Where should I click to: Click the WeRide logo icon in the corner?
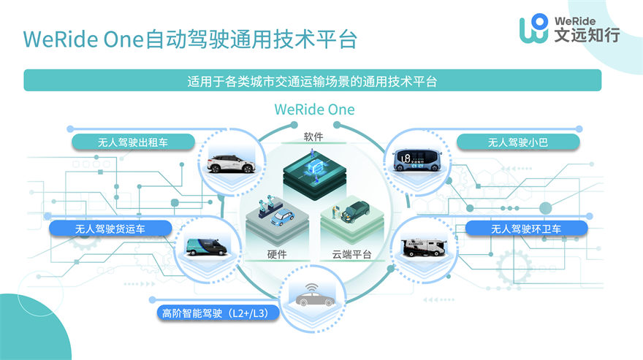pos(533,28)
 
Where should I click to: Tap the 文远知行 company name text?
pos(587,35)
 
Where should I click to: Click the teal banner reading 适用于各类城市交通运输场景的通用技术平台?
pos(313,80)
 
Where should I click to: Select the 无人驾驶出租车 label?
pos(133,142)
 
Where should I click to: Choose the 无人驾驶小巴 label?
pos(518,142)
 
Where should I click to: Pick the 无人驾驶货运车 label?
pos(110,229)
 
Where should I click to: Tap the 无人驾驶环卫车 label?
pos(526,229)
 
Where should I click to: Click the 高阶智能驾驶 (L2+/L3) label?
pos(218,313)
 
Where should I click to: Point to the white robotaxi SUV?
pos(230,164)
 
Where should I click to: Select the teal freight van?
pos(207,247)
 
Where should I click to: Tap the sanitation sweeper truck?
pos(423,248)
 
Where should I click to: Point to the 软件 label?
pos(313,137)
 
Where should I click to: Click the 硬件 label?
pos(277,254)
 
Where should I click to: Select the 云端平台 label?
pos(351,254)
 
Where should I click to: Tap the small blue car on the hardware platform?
pos(283,218)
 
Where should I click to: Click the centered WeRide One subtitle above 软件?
pos(314,110)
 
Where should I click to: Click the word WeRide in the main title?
pos(61,39)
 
